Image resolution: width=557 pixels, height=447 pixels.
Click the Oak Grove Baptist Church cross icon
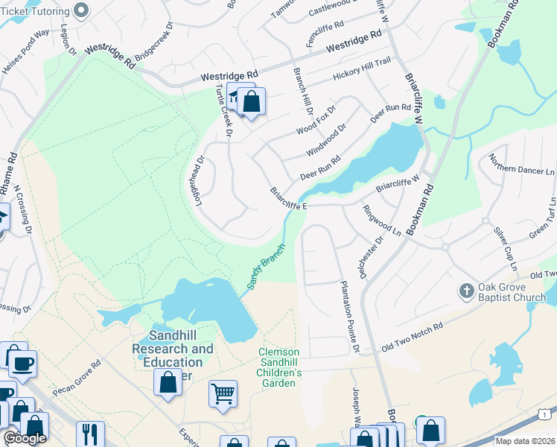point(467,291)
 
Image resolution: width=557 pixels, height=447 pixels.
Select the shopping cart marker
point(223,393)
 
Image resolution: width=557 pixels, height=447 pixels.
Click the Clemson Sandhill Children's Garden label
point(278,367)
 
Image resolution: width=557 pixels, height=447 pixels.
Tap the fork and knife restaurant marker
point(90,434)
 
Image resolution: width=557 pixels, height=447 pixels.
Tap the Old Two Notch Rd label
point(412,337)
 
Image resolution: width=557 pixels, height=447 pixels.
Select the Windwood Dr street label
point(326,140)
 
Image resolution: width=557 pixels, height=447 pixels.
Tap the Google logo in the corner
point(25,438)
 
